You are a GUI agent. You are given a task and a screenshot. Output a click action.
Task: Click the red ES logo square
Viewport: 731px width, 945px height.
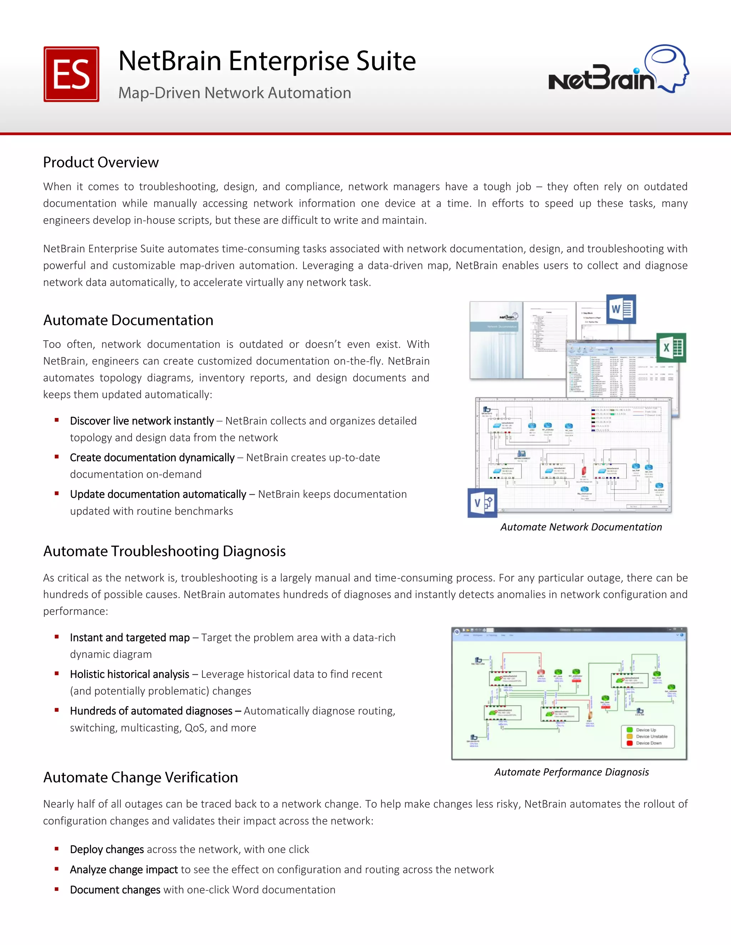[x=71, y=74]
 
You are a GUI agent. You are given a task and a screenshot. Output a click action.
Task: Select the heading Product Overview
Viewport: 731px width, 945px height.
[x=101, y=162]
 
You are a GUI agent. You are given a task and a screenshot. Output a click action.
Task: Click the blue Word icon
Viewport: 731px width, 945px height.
[x=621, y=309]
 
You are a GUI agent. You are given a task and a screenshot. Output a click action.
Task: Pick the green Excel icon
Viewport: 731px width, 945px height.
[x=671, y=347]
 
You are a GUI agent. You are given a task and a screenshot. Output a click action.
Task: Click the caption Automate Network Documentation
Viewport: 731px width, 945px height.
[x=581, y=527]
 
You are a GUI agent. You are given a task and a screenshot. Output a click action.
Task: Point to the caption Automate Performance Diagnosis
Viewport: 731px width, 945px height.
[x=571, y=772]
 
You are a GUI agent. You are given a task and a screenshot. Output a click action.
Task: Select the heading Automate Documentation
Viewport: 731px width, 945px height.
[x=128, y=320]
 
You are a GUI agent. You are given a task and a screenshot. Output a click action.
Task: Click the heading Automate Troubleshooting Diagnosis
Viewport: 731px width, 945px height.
[x=164, y=551]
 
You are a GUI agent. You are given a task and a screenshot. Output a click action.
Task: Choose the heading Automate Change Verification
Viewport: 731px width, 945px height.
[x=140, y=777]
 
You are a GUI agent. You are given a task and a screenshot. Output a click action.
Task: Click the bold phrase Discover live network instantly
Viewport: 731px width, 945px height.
[x=142, y=421]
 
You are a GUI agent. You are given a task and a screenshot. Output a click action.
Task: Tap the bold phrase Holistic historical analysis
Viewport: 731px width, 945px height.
[x=130, y=674]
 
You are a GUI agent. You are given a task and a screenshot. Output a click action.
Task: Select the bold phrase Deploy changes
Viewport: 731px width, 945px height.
[x=107, y=849]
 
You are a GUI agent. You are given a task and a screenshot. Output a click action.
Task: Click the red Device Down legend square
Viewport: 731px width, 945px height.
[x=630, y=743]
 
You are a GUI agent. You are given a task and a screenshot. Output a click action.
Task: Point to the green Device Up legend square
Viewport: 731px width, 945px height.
[x=630, y=730]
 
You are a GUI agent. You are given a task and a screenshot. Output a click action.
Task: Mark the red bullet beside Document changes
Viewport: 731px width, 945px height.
[x=57, y=889]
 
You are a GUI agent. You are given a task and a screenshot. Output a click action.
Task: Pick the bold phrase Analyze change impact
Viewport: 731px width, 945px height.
[x=124, y=870]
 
